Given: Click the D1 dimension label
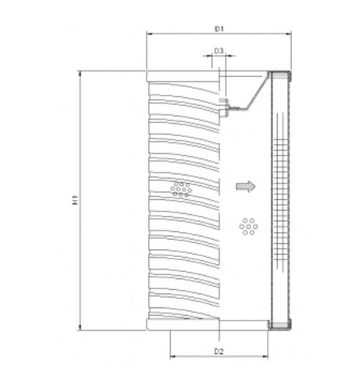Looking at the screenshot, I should [x=220, y=29].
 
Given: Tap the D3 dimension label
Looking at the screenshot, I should [x=219, y=51].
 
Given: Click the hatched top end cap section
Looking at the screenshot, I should [x=279, y=75].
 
